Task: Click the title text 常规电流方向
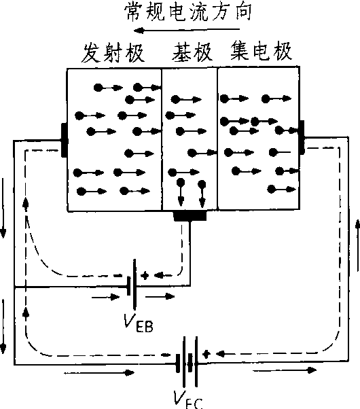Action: (188, 12)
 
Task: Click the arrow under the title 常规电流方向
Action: (187, 31)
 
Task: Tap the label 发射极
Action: (113, 53)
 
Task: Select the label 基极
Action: (192, 52)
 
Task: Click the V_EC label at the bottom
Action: (188, 399)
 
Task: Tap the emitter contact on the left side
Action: (64, 141)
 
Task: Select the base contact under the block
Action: (190, 216)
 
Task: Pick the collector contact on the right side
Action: (302, 137)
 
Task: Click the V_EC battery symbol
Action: (187, 362)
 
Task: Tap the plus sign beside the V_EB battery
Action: (145, 275)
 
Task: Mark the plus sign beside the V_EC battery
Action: (206, 354)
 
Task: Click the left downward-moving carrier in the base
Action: (181, 192)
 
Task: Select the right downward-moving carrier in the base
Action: (202, 194)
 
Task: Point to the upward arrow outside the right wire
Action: (358, 245)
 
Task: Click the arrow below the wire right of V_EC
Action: (285, 370)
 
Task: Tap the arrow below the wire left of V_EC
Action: (99, 373)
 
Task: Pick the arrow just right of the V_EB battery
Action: (160, 296)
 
